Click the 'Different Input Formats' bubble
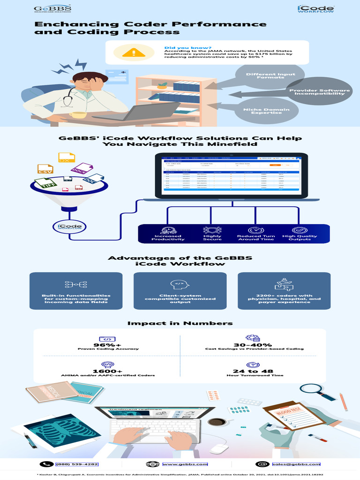point(270,76)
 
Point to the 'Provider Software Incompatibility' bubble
point(319,92)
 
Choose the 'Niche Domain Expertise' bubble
point(266,111)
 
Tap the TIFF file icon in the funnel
point(46,185)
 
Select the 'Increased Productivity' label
point(168,238)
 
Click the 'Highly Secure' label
point(212,238)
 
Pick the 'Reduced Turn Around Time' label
point(255,238)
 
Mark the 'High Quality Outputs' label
point(300,238)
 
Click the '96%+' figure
point(108,345)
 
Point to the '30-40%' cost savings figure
point(254,345)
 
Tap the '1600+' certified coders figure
point(108,371)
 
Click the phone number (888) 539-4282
point(77,464)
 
